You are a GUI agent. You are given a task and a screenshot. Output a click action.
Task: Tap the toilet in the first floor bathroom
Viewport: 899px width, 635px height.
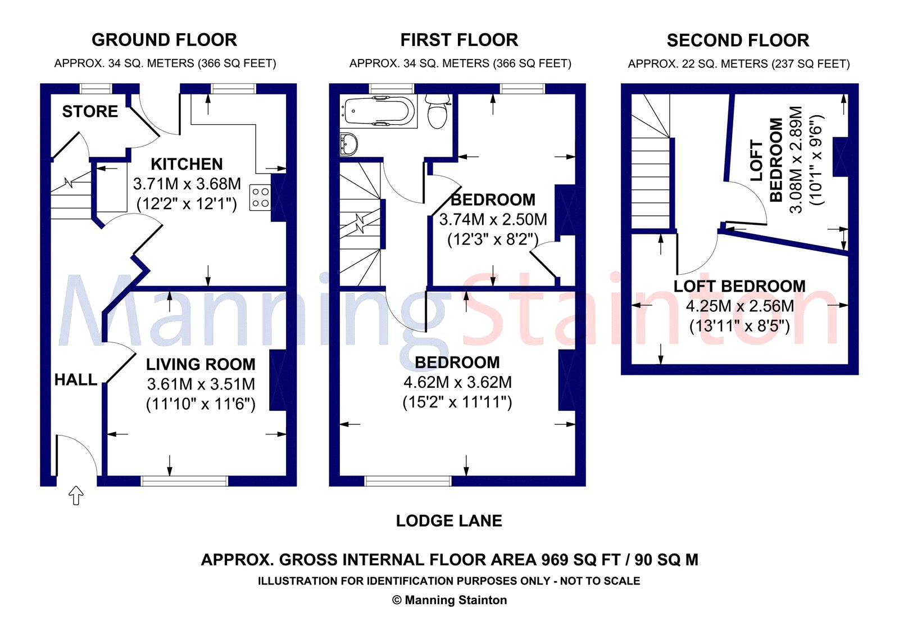(437, 111)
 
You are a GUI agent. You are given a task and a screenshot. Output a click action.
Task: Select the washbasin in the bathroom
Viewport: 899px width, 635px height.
(348, 144)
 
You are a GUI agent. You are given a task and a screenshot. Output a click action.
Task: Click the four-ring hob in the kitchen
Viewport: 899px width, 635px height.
(260, 197)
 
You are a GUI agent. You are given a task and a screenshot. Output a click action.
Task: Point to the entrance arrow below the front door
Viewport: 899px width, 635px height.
(76, 495)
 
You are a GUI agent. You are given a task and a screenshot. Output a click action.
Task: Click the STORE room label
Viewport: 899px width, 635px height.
(90, 111)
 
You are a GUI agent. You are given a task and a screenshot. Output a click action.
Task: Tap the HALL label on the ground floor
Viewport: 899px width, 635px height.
(76, 380)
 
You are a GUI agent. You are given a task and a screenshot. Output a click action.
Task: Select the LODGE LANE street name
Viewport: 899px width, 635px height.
(449, 521)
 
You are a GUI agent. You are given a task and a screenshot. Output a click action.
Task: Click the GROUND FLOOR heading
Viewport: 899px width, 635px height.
(164, 40)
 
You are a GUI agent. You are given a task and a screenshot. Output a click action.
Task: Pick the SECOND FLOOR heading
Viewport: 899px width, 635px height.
(738, 40)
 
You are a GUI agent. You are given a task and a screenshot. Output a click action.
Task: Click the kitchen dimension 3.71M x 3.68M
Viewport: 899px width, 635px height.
(187, 184)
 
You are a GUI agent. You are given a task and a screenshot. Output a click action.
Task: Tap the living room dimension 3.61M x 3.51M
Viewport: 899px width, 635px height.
(201, 384)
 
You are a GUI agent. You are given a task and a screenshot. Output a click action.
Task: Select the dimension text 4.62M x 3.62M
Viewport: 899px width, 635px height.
(457, 383)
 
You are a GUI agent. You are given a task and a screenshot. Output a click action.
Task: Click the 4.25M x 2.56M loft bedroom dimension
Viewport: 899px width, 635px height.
(739, 306)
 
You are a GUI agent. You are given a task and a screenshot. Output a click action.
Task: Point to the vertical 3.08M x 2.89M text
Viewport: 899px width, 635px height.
(796, 160)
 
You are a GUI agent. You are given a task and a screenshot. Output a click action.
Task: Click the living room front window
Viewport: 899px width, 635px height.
(184, 481)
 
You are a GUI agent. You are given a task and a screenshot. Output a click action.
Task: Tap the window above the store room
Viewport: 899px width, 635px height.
(96, 88)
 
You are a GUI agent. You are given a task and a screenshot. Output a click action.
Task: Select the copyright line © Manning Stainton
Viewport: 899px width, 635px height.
(449, 600)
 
